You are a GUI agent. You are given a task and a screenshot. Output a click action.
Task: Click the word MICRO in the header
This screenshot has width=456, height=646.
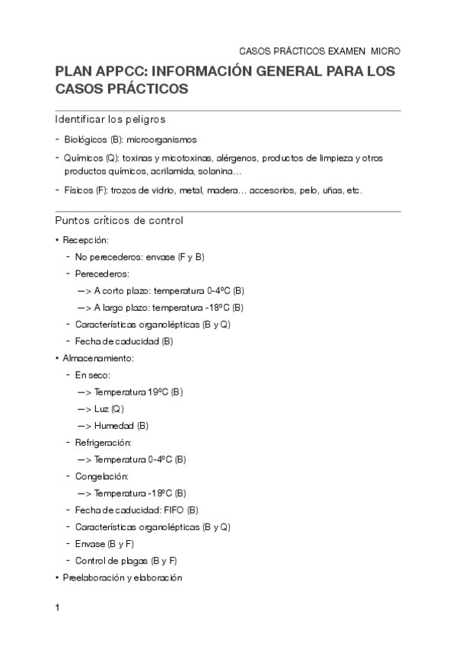point(385,51)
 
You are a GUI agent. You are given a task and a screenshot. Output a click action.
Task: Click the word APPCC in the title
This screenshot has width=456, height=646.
point(119,72)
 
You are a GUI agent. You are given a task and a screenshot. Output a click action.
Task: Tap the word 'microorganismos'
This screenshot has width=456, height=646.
point(161,140)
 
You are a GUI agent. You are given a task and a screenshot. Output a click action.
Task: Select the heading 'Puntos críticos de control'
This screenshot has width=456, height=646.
point(119,221)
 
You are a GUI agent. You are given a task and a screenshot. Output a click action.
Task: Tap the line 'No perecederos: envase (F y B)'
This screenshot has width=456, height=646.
point(140,257)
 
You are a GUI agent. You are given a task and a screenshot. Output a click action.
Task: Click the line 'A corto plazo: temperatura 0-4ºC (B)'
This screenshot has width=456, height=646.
point(169,290)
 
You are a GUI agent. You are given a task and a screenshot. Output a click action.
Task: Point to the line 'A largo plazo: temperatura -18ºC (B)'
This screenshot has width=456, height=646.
point(169,307)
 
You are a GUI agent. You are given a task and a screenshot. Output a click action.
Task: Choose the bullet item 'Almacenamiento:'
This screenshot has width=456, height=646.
point(98,357)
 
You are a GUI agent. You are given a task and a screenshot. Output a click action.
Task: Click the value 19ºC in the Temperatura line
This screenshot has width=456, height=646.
point(158,392)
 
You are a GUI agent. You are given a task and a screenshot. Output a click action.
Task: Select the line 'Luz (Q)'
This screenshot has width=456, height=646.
point(109,408)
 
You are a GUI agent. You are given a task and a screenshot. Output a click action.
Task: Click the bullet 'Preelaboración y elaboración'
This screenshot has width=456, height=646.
point(123,577)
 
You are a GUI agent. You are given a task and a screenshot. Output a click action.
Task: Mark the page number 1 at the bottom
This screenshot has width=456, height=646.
point(57,609)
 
